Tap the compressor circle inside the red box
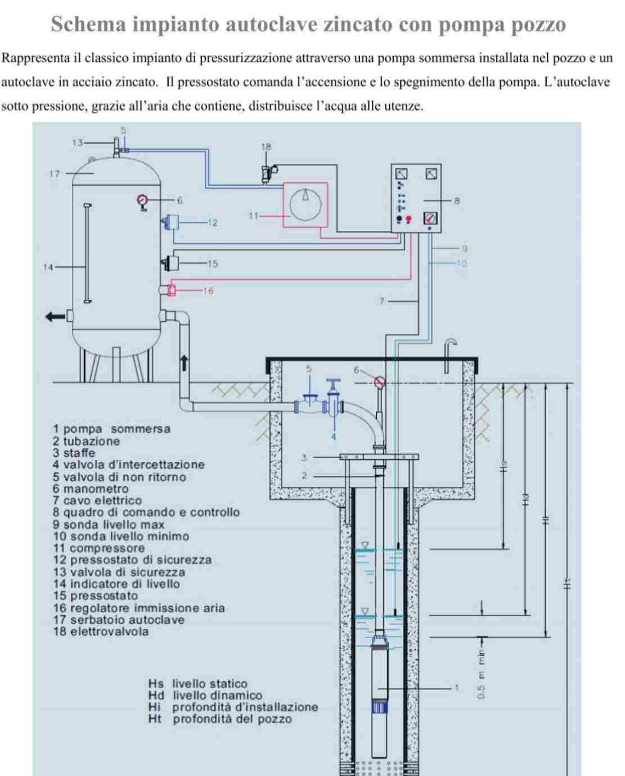coord(305,204)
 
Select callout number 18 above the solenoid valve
coord(266,147)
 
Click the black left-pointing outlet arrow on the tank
coord(55,316)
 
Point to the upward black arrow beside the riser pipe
coord(184,362)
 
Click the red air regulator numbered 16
coord(171,290)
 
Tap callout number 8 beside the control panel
coord(457,200)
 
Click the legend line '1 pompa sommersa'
coord(111,429)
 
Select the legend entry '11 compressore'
coord(99,548)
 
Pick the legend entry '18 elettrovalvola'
coord(101,631)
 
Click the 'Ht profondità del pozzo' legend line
coord(220,719)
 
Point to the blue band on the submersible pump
coord(380,707)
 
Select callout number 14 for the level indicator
coord(48,267)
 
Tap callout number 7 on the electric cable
coord(381,302)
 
